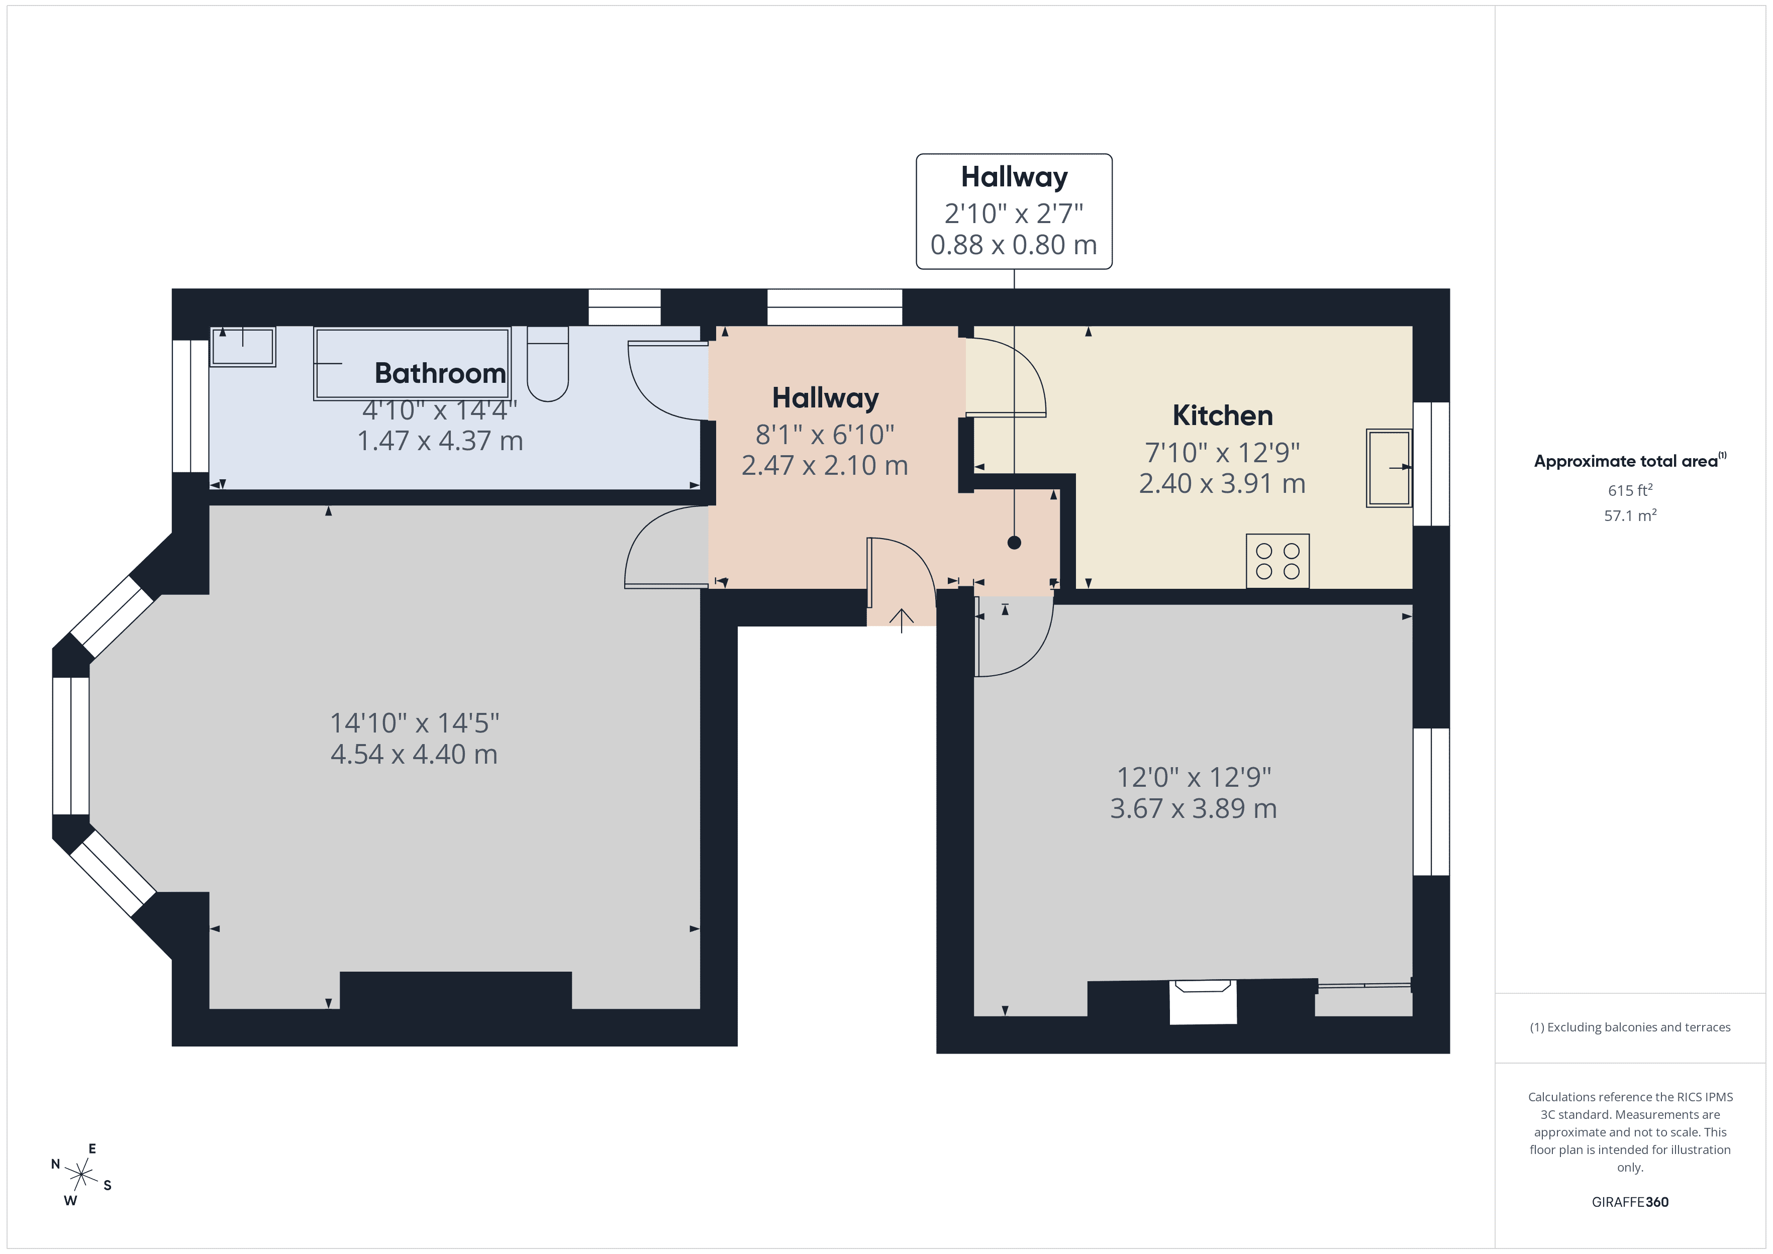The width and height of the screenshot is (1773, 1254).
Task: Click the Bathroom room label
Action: click(x=440, y=374)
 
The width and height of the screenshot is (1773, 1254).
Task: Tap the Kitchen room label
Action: click(x=1222, y=416)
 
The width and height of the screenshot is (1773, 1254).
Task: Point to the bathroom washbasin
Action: click(x=243, y=346)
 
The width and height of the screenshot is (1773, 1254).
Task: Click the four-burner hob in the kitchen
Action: click(x=1277, y=561)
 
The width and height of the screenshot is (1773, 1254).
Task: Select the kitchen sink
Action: click(x=1389, y=468)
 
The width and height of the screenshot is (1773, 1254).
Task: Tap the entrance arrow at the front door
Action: click(x=901, y=619)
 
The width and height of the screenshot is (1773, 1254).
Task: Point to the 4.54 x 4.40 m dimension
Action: click(x=414, y=755)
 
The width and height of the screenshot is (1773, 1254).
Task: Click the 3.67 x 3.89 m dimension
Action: click(x=1193, y=808)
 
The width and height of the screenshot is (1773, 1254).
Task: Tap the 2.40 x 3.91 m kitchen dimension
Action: click(x=1222, y=483)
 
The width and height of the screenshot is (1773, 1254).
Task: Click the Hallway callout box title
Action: click(x=1014, y=177)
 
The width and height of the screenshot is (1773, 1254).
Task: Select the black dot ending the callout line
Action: click(x=1014, y=543)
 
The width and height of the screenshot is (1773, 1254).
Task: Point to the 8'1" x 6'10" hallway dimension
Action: click(x=825, y=435)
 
